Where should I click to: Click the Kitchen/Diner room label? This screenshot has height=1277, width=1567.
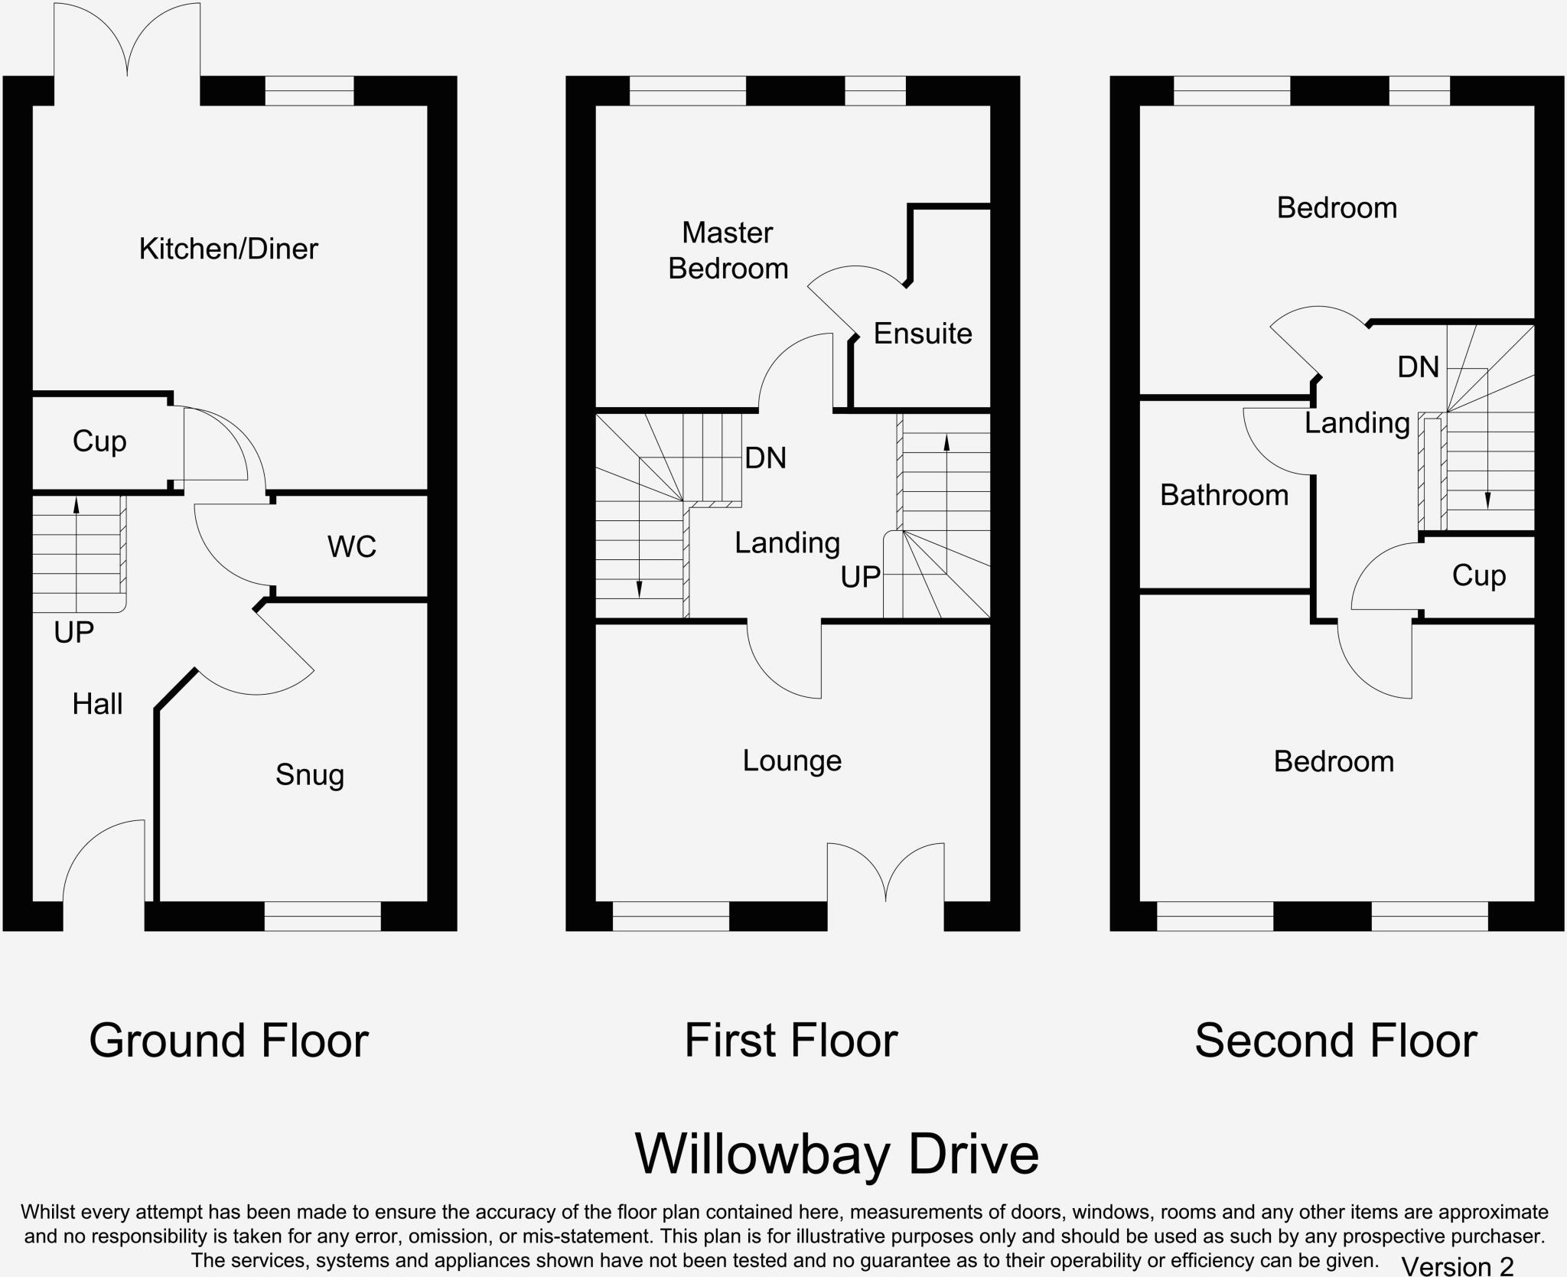click(x=228, y=249)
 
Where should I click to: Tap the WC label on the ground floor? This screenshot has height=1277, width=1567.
click(x=351, y=546)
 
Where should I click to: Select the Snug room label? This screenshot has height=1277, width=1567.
click(x=309, y=775)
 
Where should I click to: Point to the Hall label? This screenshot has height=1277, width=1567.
click(x=97, y=704)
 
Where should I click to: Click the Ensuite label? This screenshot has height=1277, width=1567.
click(x=922, y=334)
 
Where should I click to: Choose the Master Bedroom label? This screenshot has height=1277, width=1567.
click(x=728, y=251)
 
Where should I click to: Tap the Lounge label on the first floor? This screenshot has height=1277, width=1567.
click(x=792, y=761)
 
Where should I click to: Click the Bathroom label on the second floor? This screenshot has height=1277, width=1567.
click(x=1223, y=495)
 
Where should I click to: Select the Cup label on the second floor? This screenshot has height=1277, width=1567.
click(x=1478, y=575)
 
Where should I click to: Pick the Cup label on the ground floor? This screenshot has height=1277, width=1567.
click(x=99, y=441)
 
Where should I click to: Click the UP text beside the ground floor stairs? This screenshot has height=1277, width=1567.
click(x=74, y=633)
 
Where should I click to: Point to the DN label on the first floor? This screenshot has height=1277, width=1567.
click(x=765, y=458)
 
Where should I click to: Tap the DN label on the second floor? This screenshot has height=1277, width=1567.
click(x=1418, y=367)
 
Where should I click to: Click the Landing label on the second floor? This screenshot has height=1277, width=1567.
click(x=1357, y=423)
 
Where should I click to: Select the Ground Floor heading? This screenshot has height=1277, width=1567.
click(x=229, y=1041)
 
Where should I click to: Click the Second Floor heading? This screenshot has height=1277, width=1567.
click(x=1335, y=1041)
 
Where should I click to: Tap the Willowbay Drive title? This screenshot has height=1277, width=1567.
click(x=836, y=1154)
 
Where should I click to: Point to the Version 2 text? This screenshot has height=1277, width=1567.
click(x=1457, y=1266)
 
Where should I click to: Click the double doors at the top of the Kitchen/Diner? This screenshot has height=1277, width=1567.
click(x=127, y=42)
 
